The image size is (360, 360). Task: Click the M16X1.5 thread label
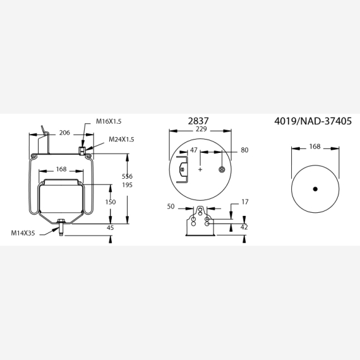coord(109,121)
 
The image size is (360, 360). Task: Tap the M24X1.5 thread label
coord(121,140)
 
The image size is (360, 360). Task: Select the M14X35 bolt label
coord(23,233)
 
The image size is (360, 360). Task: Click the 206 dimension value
coord(64,133)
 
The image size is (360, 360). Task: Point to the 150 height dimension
coord(111,202)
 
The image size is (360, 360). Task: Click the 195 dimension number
coord(127,185)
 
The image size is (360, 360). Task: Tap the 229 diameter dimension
coord(201,129)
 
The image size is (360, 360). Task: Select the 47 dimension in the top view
coord(194,150)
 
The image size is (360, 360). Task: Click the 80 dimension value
coord(244,150)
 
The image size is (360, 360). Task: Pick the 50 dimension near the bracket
coord(171,207)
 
